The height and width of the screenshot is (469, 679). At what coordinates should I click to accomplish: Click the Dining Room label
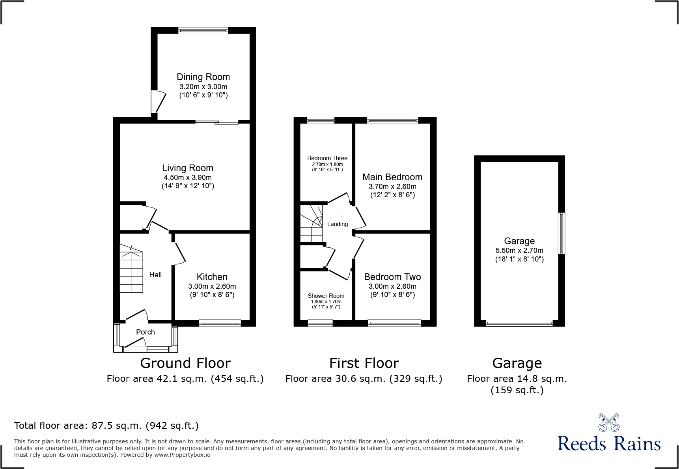[x=203, y=77]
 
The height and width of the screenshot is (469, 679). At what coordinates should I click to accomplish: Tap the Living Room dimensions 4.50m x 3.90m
[x=188, y=178]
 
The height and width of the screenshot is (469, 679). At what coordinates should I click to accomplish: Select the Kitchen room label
[x=212, y=277]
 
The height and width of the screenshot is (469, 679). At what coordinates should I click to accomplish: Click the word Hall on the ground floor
[x=155, y=275]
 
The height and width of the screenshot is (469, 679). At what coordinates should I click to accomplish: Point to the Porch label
[x=145, y=332]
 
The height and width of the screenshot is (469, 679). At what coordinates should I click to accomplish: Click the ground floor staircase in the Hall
[x=131, y=269]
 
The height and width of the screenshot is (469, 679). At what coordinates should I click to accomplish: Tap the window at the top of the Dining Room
[x=203, y=30]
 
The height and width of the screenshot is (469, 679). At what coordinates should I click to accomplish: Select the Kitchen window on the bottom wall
[x=220, y=323]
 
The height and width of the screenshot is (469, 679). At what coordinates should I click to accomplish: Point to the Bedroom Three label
[x=327, y=158]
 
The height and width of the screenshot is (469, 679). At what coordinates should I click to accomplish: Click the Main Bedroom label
[x=392, y=177]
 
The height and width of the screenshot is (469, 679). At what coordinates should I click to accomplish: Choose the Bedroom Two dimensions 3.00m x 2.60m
[x=392, y=286]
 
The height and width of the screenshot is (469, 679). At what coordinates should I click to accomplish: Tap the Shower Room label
[x=326, y=296]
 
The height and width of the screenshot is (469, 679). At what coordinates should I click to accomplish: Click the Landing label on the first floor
[x=338, y=224]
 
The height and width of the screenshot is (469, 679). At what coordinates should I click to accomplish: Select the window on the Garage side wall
[x=561, y=233]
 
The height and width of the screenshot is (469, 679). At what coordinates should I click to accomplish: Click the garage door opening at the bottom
[x=519, y=324]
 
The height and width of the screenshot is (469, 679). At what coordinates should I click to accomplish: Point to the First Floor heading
[x=364, y=363]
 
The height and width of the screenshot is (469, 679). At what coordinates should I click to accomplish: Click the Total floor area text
[x=106, y=426]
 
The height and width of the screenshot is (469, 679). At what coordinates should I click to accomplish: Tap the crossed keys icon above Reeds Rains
[x=609, y=422]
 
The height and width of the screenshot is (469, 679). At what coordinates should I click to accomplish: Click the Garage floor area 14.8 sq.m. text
[x=517, y=379]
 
